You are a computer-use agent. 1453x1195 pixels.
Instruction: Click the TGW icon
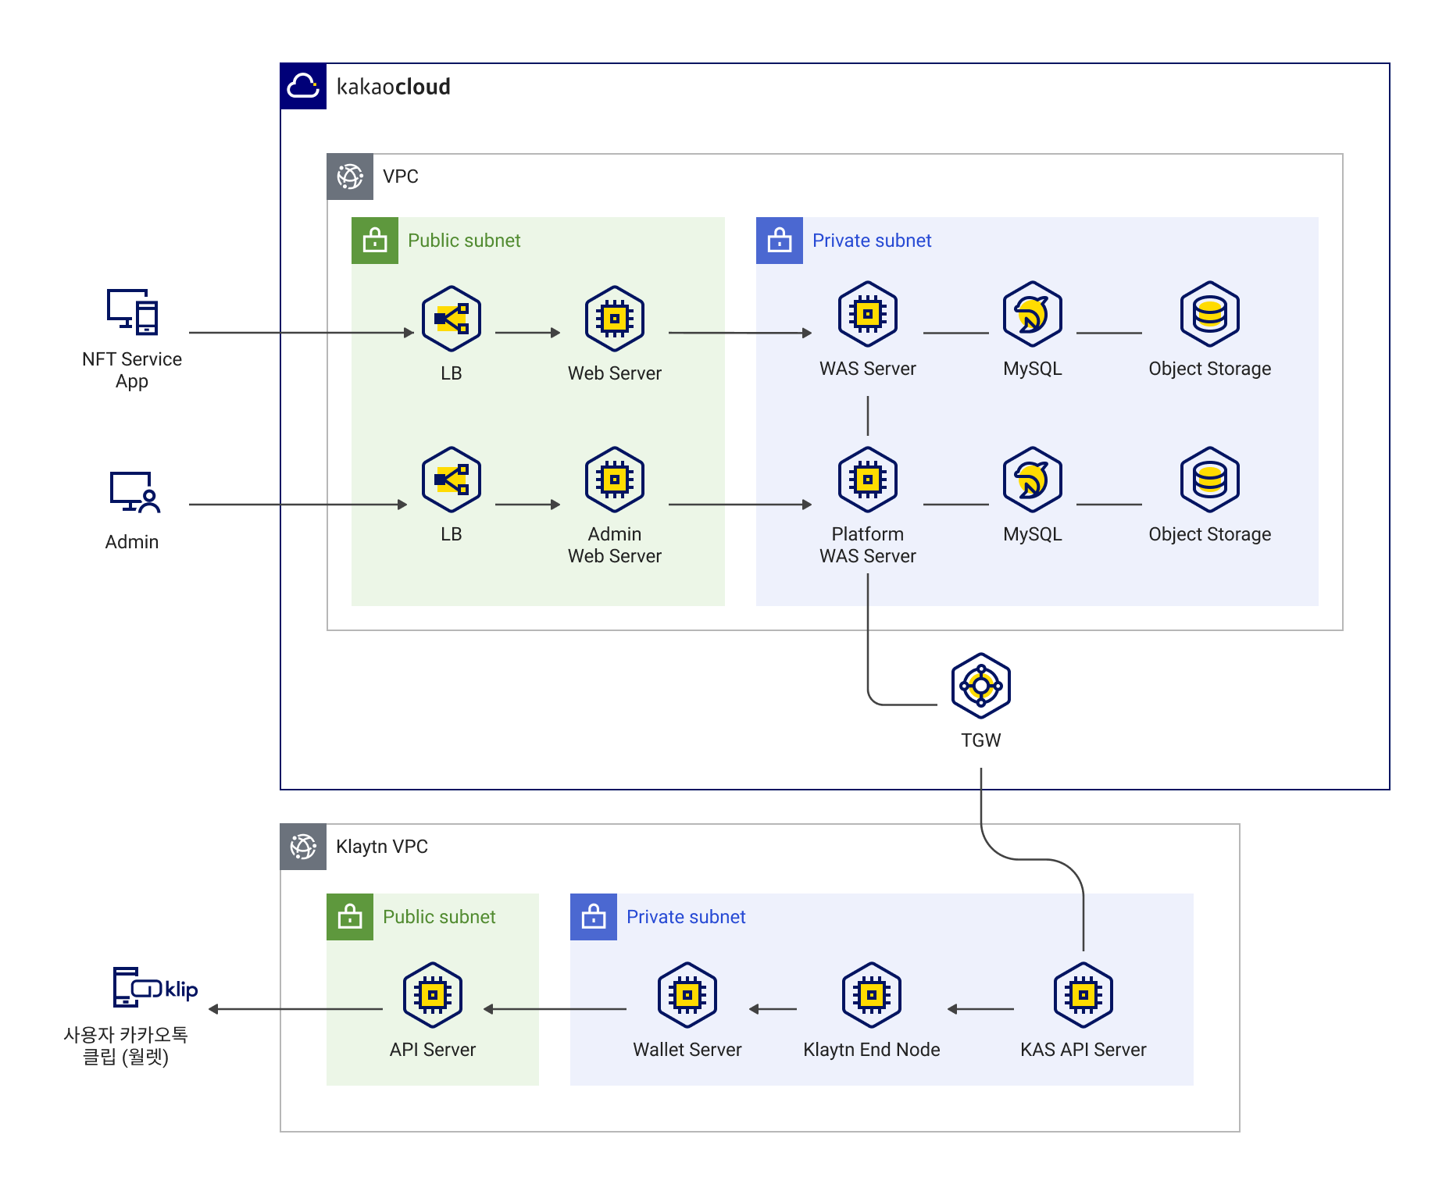(x=980, y=686)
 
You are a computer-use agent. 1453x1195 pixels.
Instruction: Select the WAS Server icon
(x=867, y=314)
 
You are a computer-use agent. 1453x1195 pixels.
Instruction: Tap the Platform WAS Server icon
(x=867, y=480)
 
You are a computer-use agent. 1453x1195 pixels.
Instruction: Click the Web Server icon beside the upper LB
(x=615, y=319)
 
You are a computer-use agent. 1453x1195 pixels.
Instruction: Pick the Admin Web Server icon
(x=615, y=480)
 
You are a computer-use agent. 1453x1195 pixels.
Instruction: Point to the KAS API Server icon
(x=1083, y=995)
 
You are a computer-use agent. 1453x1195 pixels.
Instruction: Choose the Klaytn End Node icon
(x=872, y=995)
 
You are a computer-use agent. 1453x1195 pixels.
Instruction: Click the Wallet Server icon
(x=687, y=995)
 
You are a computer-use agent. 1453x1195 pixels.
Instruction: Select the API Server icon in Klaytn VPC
(x=433, y=995)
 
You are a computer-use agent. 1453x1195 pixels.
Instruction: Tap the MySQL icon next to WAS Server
(x=1032, y=314)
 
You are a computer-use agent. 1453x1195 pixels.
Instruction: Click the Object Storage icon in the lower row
(x=1209, y=480)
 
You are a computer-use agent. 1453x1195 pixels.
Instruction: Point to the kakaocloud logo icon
(x=303, y=86)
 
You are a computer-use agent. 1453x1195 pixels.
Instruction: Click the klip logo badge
(x=166, y=989)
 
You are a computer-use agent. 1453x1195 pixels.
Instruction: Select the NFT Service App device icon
(x=133, y=312)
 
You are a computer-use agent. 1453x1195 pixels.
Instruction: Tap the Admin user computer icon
(x=134, y=492)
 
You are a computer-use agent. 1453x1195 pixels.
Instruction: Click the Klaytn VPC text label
(x=381, y=847)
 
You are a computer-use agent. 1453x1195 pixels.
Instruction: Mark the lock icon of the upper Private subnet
(x=779, y=241)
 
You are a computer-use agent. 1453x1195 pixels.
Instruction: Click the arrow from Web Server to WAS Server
(x=739, y=333)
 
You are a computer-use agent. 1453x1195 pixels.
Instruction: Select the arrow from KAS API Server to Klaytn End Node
(x=981, y=1009)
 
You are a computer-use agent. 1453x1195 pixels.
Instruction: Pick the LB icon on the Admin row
(x=452, y=480)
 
